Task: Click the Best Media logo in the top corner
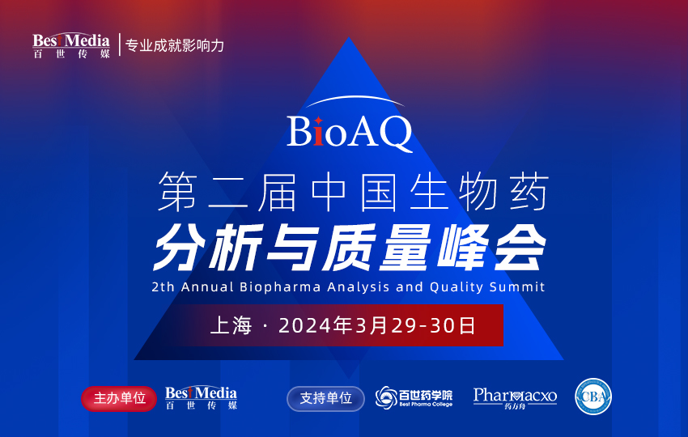[x=71, y=45]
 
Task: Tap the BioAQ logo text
[x=350, y=133]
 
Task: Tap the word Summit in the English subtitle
[x=519, y=286]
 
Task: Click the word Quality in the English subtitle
[x=460, y=286]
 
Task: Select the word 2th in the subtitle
[x=163, y=286]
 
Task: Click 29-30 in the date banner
[x=420, y=326]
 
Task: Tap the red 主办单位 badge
[x=119, y=398]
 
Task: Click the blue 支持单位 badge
[x=325, y=398]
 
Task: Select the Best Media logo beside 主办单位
[x=201, y=397]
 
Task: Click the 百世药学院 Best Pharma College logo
[x=414, y=397]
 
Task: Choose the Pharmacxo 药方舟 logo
[x=515, y=397]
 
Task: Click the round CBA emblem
[x=593, y=397]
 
